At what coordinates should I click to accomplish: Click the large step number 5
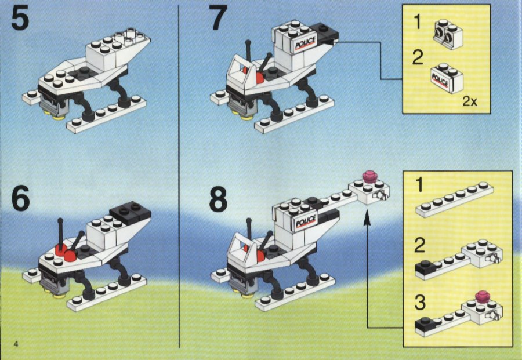20,19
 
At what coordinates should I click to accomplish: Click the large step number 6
20,198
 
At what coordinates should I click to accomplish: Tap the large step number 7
218,17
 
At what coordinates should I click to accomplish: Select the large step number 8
219,199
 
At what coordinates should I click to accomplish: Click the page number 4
16,344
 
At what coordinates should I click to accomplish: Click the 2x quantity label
469,101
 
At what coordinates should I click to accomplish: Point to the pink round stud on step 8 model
368,177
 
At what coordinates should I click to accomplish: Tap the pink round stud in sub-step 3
482,297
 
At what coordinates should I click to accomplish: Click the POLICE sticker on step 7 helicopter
305,43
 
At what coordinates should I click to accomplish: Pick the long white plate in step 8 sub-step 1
455,199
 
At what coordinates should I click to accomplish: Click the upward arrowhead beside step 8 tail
367,220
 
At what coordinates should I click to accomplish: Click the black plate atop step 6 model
130,212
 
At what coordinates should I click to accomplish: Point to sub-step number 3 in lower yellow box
420,303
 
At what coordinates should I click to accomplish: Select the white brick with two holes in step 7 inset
448,34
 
